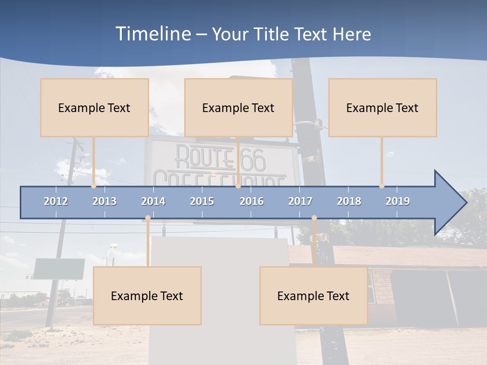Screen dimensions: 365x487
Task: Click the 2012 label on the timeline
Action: [56, 201]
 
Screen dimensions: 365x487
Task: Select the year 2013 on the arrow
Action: [105, 201]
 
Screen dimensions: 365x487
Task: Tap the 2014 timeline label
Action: [153, 201]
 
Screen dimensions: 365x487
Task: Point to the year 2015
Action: [202, 201]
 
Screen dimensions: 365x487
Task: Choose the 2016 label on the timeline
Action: [252, 201]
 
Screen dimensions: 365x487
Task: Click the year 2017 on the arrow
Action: [300, 201]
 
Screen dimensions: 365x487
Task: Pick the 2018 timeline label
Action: [349, 201]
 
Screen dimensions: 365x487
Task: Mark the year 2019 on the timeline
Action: [398, 201]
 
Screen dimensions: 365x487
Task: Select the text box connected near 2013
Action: [94, 107]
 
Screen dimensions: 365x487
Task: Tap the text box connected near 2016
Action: [238, 107]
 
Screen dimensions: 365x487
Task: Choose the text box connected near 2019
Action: [382, 107]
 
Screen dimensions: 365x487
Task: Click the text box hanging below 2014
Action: [147, 296]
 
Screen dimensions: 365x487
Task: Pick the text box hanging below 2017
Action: [314, 296]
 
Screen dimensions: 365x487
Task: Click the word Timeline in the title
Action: [153, 33]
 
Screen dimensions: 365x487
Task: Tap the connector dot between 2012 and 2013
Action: [93, 186]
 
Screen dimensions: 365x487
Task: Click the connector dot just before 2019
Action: [381, 186]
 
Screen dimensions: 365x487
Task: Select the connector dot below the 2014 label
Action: [148, 218]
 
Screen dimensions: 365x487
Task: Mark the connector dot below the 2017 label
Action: [314, 218]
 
